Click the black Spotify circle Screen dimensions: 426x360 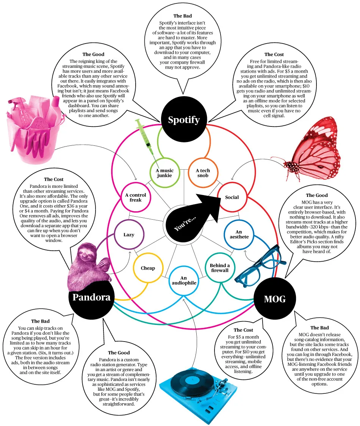pyautogui.click(x=184, y=120)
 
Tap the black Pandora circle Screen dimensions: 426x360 pyautogui.click(x=91, y=297)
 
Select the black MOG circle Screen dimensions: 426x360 pyautogui.click(x=274, y=300)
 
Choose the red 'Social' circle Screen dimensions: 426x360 pyautogui.click(x=232, y=197)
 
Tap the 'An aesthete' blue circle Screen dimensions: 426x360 pyautogui.click(x=239, y=234)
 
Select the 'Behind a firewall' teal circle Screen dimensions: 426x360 pyautogui.click(x=219, y=268)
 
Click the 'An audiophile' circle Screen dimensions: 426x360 pyautogui.click(x=183, y=281)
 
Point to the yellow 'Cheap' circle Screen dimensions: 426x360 pyautogui.click(x=148, y=268)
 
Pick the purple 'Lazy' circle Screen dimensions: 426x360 pyautogui.click(x=129, y=235)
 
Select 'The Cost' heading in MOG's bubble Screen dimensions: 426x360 pyautogui.click(x=243, y=330)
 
